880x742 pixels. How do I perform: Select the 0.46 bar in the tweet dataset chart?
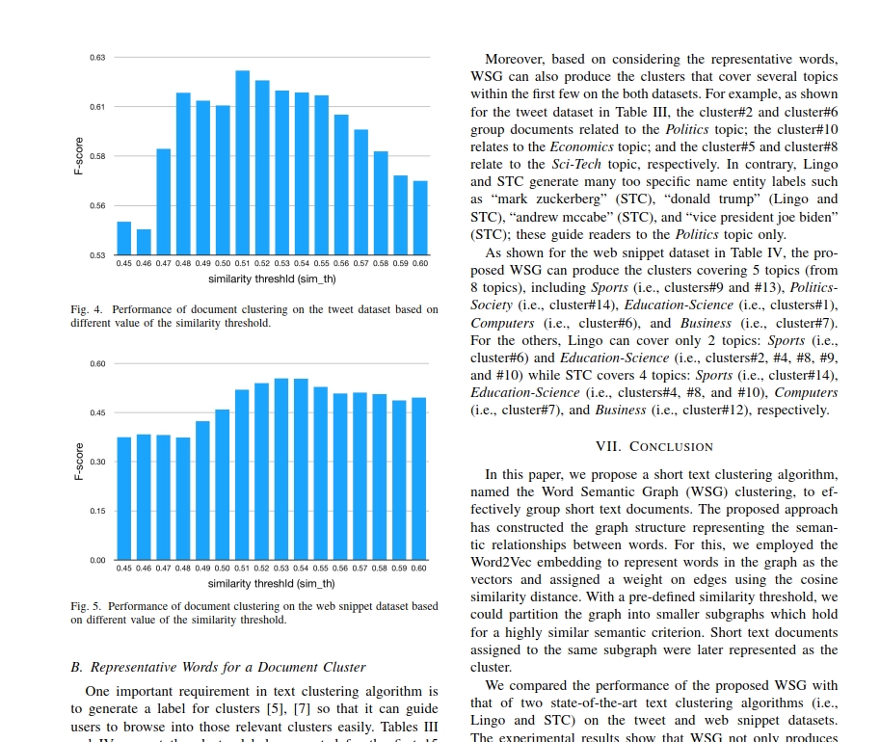point(144,242)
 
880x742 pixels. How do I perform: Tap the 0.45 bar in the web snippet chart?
point(124,498)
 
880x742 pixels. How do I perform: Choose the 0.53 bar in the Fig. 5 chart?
point(281,469)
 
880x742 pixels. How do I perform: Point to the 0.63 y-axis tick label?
point(97,58)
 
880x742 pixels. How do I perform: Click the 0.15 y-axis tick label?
point(97,511)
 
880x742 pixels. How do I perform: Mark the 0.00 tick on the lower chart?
point(97,560)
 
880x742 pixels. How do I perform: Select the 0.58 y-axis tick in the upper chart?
point(97,156)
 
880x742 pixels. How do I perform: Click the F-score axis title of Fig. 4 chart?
point(79,156)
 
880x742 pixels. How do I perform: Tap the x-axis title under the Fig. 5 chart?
point(272,583)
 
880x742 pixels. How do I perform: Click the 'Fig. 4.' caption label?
point(86,310)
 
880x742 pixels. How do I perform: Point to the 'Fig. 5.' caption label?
point(86,607)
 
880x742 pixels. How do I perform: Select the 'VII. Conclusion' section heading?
point(655,447)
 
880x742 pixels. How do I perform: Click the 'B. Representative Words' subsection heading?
point(219,667)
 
